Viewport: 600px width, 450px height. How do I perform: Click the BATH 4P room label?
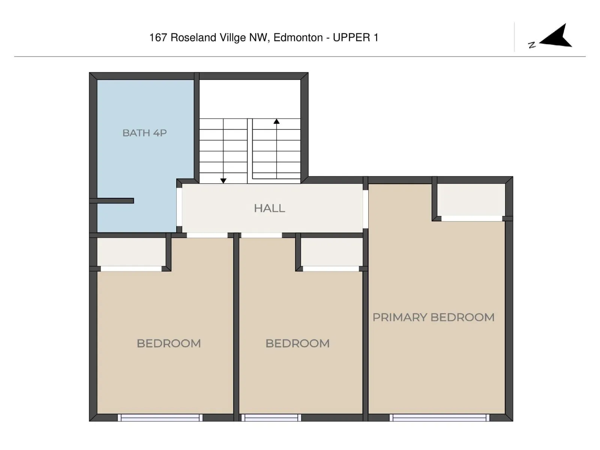point(144,133)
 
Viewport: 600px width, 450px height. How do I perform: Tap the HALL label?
point(269,208)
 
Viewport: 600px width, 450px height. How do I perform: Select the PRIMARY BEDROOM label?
point(433,317)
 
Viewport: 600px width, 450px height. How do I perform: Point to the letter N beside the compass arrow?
point(532,45)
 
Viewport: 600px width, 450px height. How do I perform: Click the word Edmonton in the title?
point(298,37)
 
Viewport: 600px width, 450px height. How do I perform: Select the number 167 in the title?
point(158,37)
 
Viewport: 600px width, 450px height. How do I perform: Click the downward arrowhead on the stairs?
point(223,181)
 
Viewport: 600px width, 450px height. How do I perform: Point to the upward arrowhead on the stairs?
point(277,121)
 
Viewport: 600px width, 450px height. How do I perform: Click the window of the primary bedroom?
point(439,418)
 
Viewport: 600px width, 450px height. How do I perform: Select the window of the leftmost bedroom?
point(160,418)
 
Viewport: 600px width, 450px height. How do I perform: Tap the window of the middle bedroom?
point(271,418)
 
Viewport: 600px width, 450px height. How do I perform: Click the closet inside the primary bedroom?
point(471,200)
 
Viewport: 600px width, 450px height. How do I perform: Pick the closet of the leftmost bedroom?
point(132,252)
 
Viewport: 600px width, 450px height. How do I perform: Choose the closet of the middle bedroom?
point(331,252)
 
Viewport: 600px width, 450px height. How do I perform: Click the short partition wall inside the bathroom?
point(111,201)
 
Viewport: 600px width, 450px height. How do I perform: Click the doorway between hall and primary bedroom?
point(366,209)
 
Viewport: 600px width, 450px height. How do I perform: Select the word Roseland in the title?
point(193,37)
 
